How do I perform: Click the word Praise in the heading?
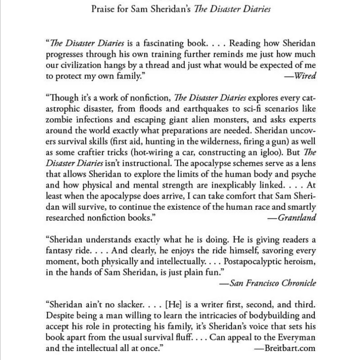coord(102,9)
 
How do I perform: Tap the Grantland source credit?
coord(296,218)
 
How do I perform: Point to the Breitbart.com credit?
coord(289,348)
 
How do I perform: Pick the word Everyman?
coord(297,337)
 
